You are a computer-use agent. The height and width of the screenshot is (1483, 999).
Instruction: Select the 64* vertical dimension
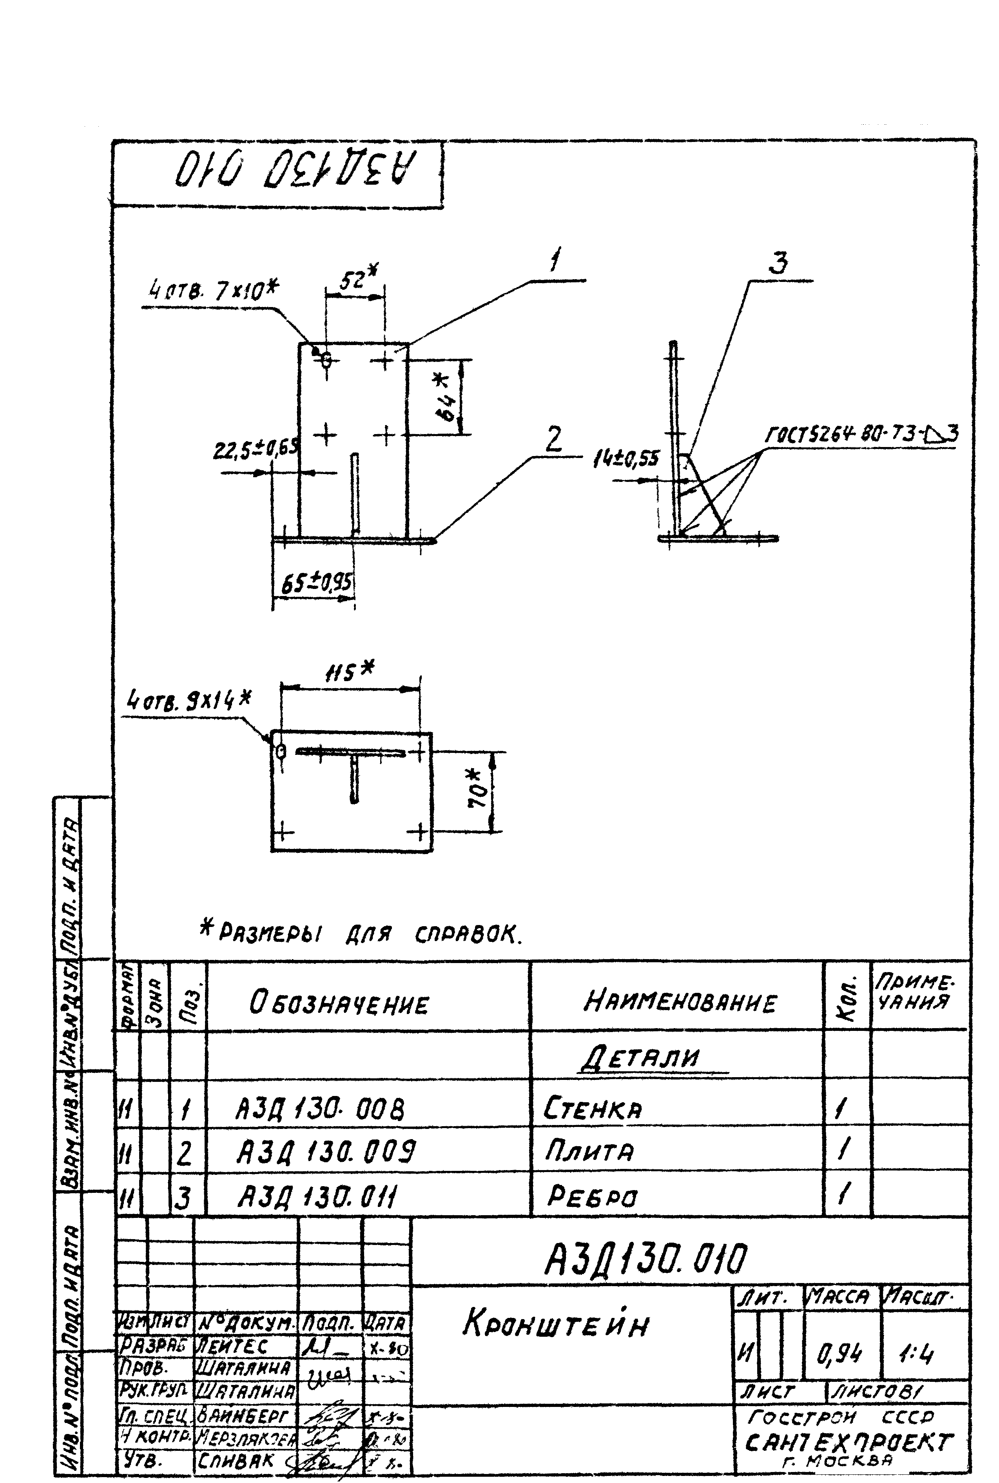pos(448,398)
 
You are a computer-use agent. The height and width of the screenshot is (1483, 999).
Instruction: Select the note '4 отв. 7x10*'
pos(214,291)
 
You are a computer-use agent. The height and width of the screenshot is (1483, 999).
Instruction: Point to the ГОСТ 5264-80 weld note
pos(860,434)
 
